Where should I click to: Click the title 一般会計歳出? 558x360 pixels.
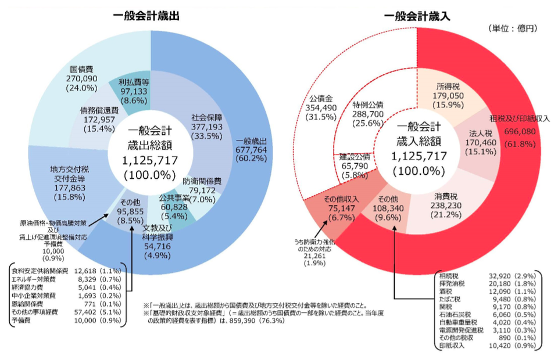tap(145, 16)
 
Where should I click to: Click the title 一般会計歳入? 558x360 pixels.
tap(417, 16)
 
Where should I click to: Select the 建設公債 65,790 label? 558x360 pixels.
tap(355, 166)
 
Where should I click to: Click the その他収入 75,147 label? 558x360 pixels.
tap(341, 207)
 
